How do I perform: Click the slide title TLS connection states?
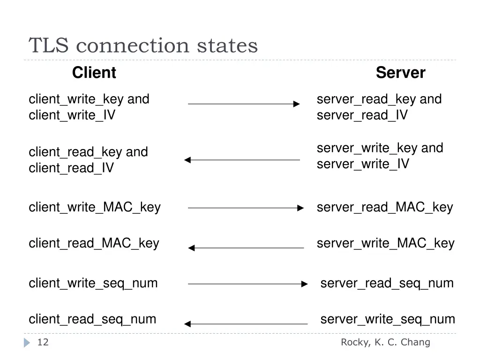[x=143, y=46]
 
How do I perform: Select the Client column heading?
[x=94, y=73]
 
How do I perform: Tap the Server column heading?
[x=400, y=73]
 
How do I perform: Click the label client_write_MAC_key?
[x=95, y=207]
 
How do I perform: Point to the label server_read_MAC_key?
[x=385, y=207]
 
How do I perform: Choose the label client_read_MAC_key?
[x=94, y=243]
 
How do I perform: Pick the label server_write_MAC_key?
[x=385, y=243]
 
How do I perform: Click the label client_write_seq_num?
[x=93, y=283]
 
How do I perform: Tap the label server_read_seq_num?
[x=387, y=283]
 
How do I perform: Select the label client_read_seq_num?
[x=92, y=319]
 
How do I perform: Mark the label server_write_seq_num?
[x=388, y=319]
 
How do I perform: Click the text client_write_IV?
[x=72, y=115]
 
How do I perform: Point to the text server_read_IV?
[x=362, y=115]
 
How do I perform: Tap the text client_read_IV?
[x=71, y=168]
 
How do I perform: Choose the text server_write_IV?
[x=363, y=164]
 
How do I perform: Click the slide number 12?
[x=43, y=343]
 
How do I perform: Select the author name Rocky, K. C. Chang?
[x=385, y=343]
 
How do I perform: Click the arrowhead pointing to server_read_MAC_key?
[x=301, y=208]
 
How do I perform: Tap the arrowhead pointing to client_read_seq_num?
[x=187, y=324]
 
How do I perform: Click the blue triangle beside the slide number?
[x=27, y=343]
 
